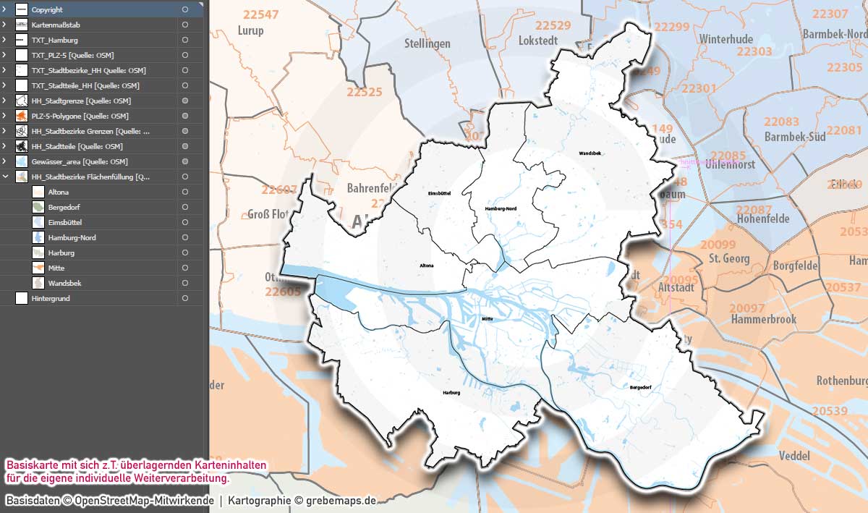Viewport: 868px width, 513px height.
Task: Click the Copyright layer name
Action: point(47,9)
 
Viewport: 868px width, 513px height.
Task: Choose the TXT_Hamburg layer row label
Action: point(54,40)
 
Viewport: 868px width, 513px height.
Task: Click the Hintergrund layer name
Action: point(51,298)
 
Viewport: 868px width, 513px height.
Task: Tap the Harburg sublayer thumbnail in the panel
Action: point(38,253)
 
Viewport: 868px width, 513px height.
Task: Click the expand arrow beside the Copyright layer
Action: point(4,9)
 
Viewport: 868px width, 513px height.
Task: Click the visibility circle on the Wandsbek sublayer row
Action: point(185,283)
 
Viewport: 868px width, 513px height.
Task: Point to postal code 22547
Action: point(260,14)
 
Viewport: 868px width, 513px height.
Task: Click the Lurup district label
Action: point(250,30)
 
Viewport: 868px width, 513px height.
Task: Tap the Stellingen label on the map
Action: point(427,43)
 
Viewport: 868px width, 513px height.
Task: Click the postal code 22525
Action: point(364,92)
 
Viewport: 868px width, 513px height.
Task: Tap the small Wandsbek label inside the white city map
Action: point(590,153)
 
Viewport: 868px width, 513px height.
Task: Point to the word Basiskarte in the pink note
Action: point(30,464)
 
